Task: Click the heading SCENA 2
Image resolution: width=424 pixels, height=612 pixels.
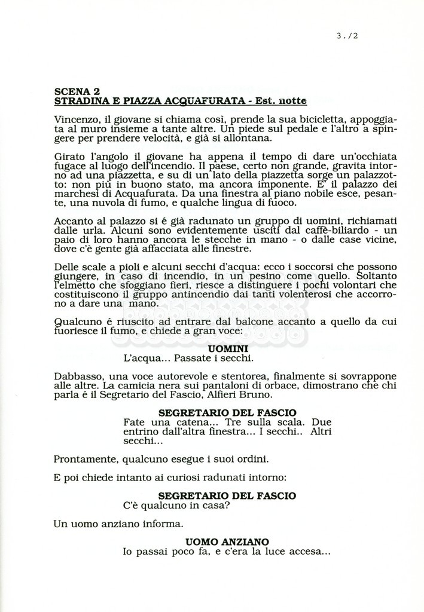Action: coord(77,91)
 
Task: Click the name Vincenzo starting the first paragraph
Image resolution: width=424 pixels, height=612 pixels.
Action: coord(76,119)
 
